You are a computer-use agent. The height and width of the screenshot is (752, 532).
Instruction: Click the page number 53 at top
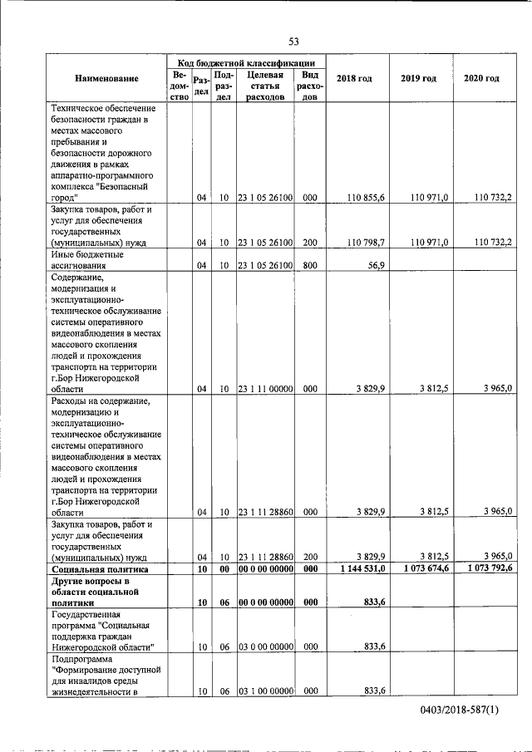pos(293,42)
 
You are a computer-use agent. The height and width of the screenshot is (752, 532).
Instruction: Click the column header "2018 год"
pos(353,78)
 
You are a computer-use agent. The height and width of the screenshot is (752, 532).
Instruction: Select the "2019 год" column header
pos(418,78)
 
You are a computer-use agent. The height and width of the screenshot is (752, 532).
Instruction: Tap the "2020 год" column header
pos(481,78)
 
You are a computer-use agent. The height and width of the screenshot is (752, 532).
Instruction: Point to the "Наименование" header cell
pos(106,78)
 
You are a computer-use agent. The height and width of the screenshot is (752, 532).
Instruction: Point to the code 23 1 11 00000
pos(264,388)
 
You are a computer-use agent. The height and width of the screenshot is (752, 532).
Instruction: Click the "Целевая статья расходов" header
pos(264,85)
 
